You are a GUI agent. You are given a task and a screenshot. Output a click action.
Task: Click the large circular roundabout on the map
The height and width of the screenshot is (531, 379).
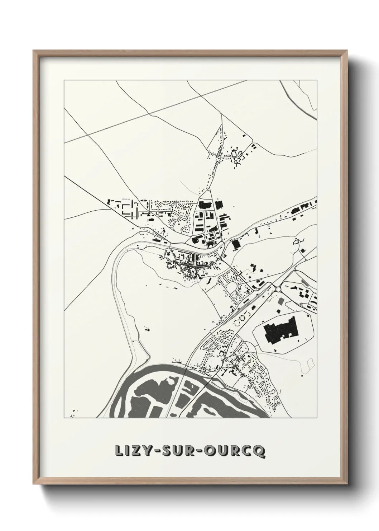tap(278, 289)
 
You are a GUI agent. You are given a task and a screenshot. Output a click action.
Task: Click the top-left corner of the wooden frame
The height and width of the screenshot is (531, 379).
tap(34, 51)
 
